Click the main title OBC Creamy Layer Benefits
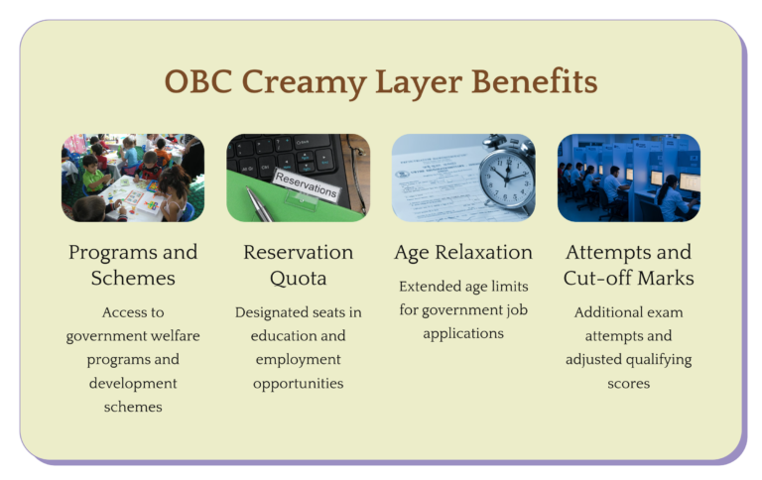click(x=381, y=82)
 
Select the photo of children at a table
click(x=133, y=178)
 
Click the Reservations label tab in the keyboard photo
click(x=305, y=180)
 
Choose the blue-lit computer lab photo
click(x=628, y=178)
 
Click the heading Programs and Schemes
click(x=133, y=265)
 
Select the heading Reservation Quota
click(x=298, y=265)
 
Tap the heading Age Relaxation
click(x=463, y=253)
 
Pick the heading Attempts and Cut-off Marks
click(x=628, y=265)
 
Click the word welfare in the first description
click(x=176, y=336)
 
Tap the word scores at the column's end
click(x=628, y=384)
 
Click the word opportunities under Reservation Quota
click(x=298, y=384)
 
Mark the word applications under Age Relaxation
click(x=463, y=334)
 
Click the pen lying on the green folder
click(x=261, y=204)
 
